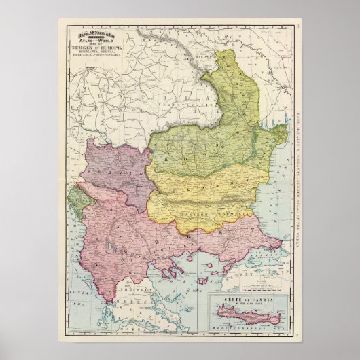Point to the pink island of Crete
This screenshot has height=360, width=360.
[251, 316]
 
